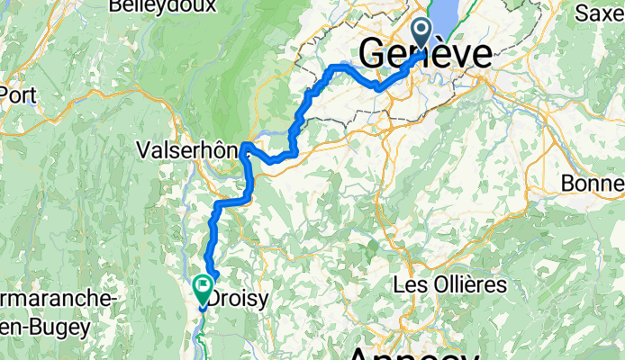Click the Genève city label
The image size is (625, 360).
click(425, 55)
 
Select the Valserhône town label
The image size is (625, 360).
click(187, 151)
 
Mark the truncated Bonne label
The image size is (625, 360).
click(592, 183)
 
